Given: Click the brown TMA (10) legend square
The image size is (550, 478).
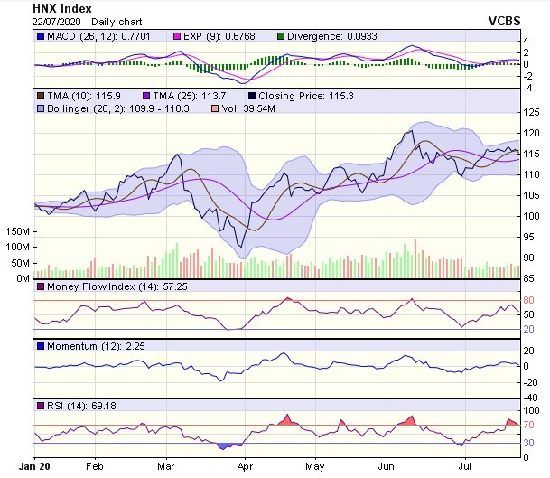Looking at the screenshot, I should [40, 95].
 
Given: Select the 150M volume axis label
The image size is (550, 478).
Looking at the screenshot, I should [15, 231].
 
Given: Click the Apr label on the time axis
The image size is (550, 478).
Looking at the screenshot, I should [245, 467].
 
